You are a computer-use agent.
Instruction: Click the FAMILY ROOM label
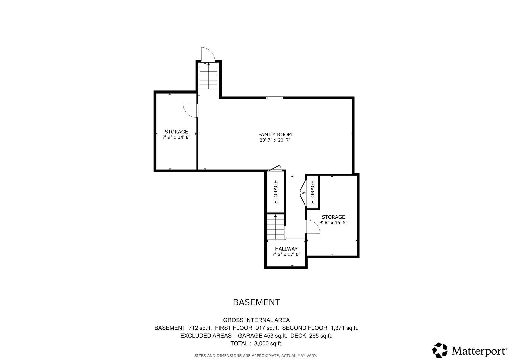275,135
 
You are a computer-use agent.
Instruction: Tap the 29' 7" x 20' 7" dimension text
275,140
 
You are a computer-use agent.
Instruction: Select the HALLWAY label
286,249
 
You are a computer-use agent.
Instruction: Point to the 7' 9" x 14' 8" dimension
176,137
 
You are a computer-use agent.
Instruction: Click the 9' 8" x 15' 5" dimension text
333,222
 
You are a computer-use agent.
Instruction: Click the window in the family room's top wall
274,98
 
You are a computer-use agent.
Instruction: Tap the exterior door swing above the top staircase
208,54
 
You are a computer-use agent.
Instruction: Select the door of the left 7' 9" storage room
190,111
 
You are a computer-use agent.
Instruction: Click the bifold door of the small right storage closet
303,193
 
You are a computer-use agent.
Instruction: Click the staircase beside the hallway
275,227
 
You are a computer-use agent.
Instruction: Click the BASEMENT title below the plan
256,302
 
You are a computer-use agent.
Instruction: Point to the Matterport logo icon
440,350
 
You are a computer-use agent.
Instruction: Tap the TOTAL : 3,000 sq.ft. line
256,343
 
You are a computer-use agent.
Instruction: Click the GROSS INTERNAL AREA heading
256,320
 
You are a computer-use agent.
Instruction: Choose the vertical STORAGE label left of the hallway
276,192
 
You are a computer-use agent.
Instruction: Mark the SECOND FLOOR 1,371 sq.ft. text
320,328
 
